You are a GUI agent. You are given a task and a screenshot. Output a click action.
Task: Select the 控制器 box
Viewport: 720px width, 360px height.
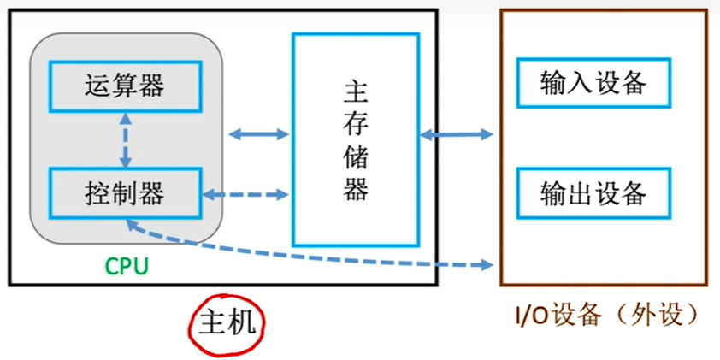(125, 193)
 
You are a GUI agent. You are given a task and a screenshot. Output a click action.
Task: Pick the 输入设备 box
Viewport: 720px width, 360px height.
(593, 84)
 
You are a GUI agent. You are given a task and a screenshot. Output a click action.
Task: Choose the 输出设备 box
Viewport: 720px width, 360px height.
(593, 193)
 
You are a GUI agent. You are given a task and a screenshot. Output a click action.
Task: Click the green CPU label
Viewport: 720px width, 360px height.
(127, 266)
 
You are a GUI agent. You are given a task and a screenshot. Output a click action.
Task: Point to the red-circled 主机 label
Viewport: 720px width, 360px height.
(227, 324)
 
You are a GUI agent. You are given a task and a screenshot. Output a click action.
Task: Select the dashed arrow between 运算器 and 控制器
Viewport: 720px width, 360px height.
(126, 139)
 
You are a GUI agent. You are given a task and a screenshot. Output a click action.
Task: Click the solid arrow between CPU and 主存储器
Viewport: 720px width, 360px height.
(259, 134)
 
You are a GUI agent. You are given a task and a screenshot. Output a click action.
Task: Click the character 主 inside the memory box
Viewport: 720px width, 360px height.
(356, 91)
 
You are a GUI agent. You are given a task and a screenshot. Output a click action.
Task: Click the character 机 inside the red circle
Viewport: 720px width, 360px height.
(242, 324)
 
